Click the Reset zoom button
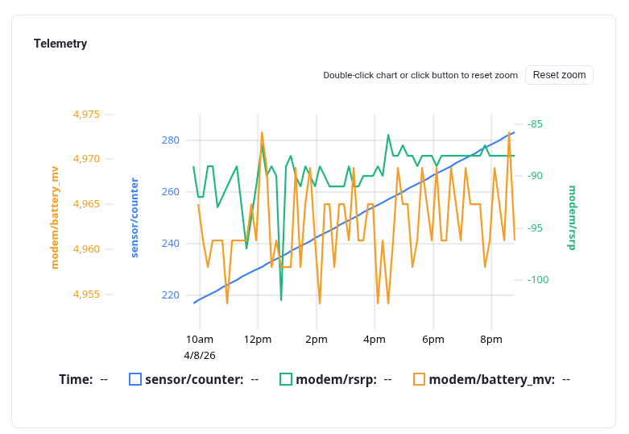click(559, 75)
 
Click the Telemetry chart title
click(60, 44)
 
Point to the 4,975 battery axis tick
click(86, 115)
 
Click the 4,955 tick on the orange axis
click(86, 294)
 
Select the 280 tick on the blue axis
click(171, 140)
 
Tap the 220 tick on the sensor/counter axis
click(171, 295)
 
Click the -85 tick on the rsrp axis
click(535, 124)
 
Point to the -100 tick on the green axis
click(537, 280)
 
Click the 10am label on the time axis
click(199, 340)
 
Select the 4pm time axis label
click(375, 340)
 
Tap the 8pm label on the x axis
click(491, 340)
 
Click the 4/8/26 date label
click(199, 355)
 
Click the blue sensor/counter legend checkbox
click(135, 379)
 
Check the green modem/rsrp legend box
click(286, 379)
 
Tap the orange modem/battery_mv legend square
click(419, 379)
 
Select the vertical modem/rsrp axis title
click(572, 218)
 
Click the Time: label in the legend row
click(76, 379)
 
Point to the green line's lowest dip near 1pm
click(281, 300)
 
